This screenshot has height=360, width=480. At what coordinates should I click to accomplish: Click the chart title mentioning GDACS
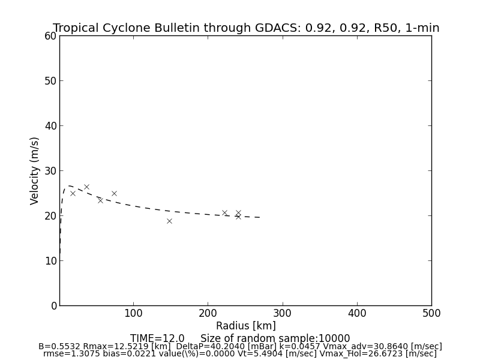click(246, 28)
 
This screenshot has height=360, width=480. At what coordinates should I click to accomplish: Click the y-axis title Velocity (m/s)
click(35, 170)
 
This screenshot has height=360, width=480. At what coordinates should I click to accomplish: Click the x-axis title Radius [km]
click(246, 326)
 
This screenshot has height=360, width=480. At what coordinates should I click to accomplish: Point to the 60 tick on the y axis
click(50, 36)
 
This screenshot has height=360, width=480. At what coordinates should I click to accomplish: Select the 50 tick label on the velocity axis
click(50, 81)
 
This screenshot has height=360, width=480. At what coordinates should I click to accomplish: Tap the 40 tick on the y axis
click(50, 126)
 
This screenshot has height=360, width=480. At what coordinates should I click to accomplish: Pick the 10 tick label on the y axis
click(50, 261)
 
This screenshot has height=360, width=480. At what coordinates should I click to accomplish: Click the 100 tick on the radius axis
click(133, 313)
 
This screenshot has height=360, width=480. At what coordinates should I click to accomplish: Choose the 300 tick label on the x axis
click(282, 313)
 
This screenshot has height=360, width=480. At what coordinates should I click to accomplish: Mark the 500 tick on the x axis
click(431, 313)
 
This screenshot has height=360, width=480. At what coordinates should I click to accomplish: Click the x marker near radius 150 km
click(169, 221)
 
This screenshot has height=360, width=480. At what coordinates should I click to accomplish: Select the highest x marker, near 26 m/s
click(86, 187)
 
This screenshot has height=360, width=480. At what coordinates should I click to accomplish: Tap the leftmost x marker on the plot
click(73, 193)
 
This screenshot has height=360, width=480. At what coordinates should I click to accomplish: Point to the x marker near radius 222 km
click(224, 212)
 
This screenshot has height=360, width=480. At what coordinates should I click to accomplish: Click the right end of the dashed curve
click(260, 217)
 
